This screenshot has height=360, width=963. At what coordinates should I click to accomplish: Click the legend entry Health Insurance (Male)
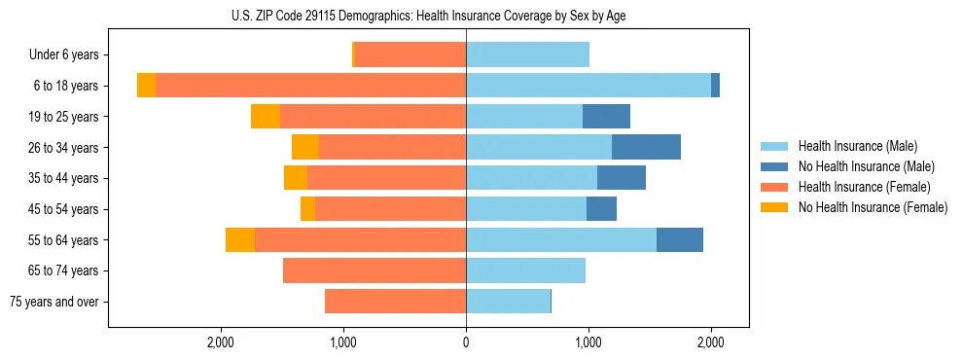pos(856,146)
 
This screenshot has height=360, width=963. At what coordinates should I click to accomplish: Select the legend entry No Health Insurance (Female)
pos(873,207)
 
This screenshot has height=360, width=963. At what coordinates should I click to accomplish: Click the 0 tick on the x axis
pos(466,342)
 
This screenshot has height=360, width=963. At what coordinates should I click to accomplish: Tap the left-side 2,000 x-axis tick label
pos(221,342)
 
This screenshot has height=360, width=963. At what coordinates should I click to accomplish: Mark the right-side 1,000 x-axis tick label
pos(588,342)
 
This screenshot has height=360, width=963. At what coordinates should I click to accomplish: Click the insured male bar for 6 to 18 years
pos(588,86)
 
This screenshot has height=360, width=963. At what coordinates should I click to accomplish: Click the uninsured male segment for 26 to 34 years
pos(646,147)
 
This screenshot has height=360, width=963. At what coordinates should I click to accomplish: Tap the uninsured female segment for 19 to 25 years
pos(266,117)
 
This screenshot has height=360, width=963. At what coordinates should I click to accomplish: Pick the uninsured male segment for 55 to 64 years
pos(680,240)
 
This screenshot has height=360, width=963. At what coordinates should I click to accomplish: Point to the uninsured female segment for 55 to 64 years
pos(240,240)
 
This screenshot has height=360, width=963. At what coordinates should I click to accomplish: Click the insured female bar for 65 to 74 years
pos(374,270)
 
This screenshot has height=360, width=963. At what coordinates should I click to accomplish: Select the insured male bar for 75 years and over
pos(508,302)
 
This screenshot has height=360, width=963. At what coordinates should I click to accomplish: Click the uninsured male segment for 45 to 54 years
pos(601,209)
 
